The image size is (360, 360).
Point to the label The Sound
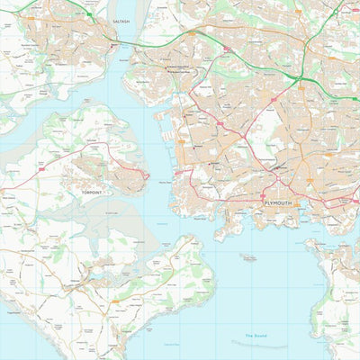tap(260, 337)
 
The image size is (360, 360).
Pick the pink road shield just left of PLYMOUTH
tap(262, 196)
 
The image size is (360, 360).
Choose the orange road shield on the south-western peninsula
tap(114, 302)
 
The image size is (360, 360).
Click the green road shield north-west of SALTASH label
tap(90, 14)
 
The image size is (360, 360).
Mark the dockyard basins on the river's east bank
tap(167, 121)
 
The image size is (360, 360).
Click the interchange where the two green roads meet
tap(304, 76)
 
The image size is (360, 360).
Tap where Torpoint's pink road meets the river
tap(147, 172)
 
